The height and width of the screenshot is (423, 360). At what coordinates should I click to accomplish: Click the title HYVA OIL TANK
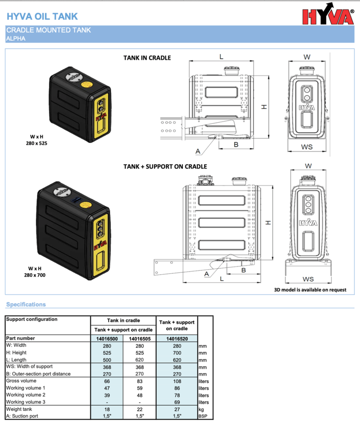(x=42, y=16)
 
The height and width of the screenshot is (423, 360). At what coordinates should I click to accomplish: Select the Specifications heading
(x=26, y=304)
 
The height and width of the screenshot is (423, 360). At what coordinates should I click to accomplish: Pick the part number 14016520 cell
(x=177, y=338)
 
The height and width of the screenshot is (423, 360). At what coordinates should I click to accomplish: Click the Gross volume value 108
(x=177, y=381)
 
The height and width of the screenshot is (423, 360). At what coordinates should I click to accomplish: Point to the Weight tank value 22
(x=140, y=409)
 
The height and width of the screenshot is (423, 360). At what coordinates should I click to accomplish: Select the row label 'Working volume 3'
(x=26, y=402)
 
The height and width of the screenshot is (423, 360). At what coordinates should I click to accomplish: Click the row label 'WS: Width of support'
(x=29, y=366)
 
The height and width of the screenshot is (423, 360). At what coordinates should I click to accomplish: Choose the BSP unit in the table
(x=203, y=417)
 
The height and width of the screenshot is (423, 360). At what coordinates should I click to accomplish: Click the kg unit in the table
(x=201, y=409)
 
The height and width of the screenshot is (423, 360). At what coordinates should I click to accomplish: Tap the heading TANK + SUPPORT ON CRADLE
(x=165, y=166)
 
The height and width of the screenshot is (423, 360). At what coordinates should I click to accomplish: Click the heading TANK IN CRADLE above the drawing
(x=147, y=58)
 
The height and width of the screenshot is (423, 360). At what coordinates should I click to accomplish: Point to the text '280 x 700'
(x=35, y=275)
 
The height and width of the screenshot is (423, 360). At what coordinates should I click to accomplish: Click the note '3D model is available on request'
(x=311, y=290)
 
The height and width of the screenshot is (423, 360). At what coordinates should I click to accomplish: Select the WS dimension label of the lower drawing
(x=308, y=279)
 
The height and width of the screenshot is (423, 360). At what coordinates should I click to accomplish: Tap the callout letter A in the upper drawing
(x=197, y=151)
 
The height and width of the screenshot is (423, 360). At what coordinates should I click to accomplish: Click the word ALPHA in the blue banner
(x=16, y=38)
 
